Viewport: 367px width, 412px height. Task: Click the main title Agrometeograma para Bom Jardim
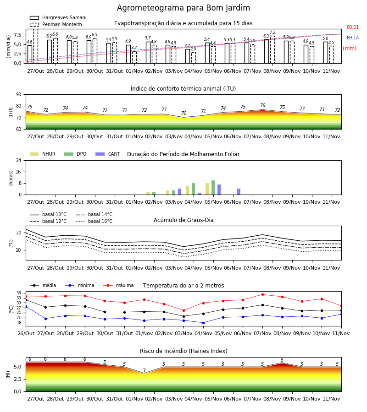click(183, 8)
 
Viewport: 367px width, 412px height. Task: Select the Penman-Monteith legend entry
click(56, 24)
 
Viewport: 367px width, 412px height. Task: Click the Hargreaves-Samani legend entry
click(58, 17)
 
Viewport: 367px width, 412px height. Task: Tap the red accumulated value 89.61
click(353, 27)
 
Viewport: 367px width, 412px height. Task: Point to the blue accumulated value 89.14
click(353, 38)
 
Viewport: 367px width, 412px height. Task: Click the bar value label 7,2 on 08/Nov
click(272, 33)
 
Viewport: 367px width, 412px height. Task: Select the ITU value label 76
click(262, 105)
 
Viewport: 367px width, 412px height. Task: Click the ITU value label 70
click(184, 113)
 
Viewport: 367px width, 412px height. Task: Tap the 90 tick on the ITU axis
click(19, 95)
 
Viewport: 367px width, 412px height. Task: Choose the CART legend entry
click(108, 154)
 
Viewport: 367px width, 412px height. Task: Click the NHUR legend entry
click(43, 154)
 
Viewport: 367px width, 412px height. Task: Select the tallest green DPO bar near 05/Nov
click(213, 188)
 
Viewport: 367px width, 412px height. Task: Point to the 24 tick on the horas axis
click(19, 160)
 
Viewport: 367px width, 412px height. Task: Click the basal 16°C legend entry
click(94, 221)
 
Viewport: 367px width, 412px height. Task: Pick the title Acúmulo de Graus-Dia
click(183, 220)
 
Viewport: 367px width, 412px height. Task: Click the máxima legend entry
click(118, 285)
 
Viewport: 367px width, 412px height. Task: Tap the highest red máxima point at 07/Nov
click(262, 294)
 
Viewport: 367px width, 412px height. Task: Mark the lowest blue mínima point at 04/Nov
click(203, 323)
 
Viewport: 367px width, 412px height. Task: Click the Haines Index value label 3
click(144, 370)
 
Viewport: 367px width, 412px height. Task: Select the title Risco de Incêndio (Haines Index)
click(183, 351)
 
